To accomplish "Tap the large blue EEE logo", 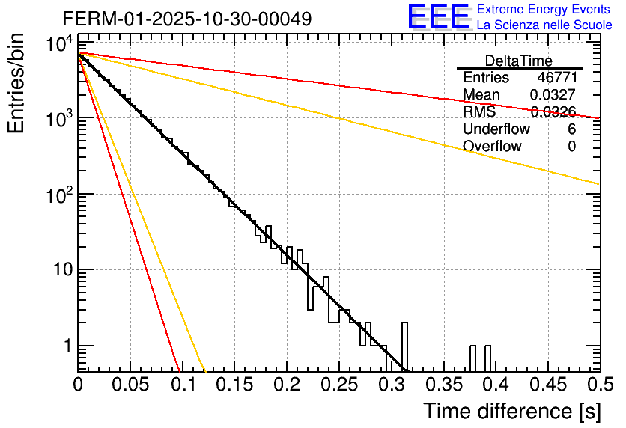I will (439, 17).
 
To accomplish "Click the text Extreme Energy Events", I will (544, 10).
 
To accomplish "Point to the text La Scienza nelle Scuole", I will (544, 25).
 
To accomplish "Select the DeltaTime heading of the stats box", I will (519, 60).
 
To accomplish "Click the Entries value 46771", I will (556, 78).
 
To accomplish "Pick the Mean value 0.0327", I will (553, 95).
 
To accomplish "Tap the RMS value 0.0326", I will (553, 112).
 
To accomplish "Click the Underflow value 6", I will (571, 129).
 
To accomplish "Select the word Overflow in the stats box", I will (492, 147).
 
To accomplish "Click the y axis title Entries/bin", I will (17, 84).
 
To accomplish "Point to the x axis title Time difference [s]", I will (511, 411).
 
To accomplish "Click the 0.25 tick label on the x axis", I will (338, 385).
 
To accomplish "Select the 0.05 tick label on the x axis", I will (130, 385).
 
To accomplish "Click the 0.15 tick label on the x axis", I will (234, 385).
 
